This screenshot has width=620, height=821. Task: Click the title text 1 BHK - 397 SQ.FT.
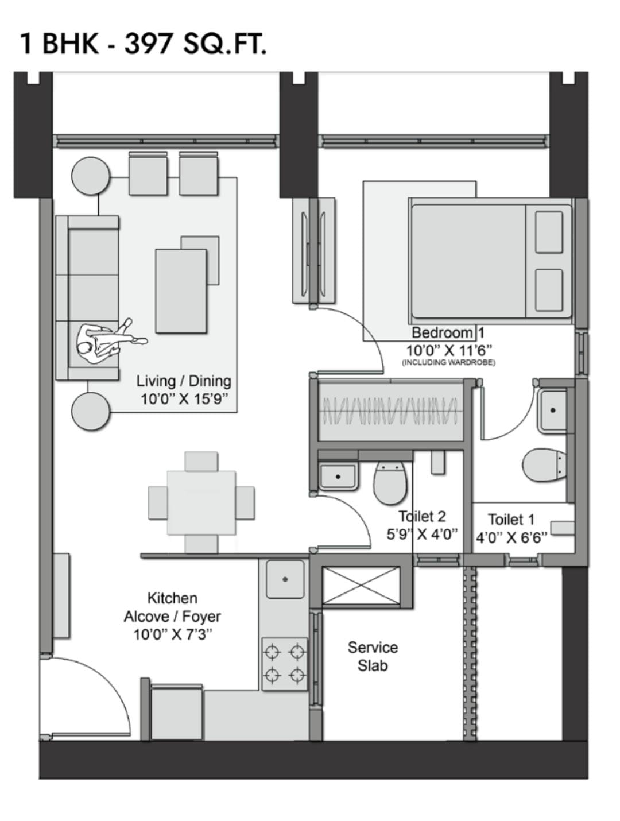[143, 44]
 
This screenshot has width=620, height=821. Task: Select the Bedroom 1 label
[448, 332]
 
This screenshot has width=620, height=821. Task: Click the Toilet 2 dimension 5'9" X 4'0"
[422, 535]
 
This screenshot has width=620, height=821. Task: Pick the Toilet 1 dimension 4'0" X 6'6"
[511, 538]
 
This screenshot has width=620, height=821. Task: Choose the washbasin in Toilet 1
[552, 410]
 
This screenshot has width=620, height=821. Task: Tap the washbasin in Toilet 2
[338, 477]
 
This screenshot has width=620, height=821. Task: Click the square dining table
[201, 503]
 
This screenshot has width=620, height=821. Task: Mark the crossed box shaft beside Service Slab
[361, 586]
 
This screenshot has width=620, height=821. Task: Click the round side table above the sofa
[91, 176]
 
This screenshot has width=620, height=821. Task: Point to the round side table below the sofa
[91, 411]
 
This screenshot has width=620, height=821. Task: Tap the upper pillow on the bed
[549, 232]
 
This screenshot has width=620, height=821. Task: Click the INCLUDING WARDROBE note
[448, 362]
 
